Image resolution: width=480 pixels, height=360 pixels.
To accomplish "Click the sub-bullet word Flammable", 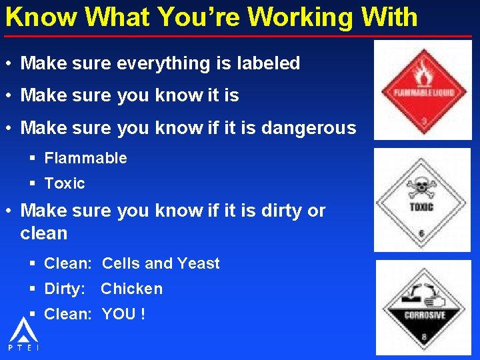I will point(85,159).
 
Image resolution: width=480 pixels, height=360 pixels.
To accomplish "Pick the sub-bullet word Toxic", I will point(65,183).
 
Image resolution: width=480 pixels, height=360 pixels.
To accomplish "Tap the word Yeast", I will point(198,263).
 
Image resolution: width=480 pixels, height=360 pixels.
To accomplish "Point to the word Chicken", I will point(131,289).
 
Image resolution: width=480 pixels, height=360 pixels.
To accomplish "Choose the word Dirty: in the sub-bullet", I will point(65,289).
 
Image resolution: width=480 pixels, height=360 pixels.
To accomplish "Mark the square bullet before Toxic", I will point(33,183).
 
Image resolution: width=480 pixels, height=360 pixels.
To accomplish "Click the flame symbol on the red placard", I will point(421,72).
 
